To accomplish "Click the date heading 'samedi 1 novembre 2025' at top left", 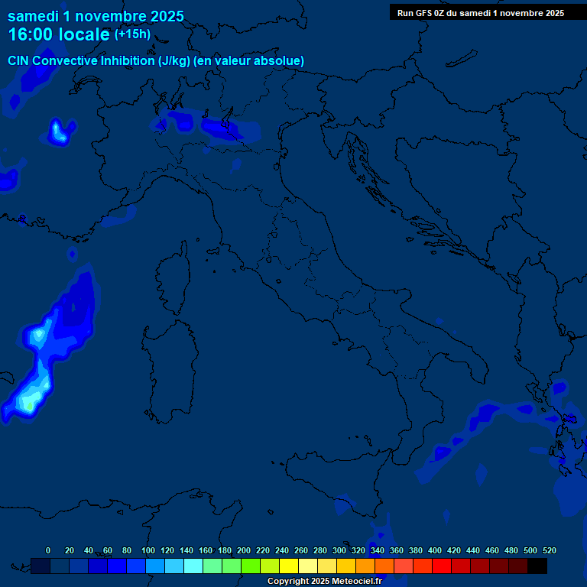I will (x=96, y=15).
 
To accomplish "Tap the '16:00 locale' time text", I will (x=59, y=34).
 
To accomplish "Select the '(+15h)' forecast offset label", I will (x=132, y=34).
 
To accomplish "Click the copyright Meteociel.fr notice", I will (x=324, y=582).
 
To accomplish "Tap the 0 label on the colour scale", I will (x=48, y=550).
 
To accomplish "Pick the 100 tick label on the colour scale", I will (x=148, y=550).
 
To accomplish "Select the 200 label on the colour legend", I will (x=244, y=550).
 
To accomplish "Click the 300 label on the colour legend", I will (x=339, y=550).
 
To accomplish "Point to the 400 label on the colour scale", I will (x=435, y=550).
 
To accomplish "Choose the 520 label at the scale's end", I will (x=549, y=550).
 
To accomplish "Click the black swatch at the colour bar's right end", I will (x=537, y=566).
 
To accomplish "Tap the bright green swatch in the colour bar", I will (x=251, y=566).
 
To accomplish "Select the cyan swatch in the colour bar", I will (x=193, y=566).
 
